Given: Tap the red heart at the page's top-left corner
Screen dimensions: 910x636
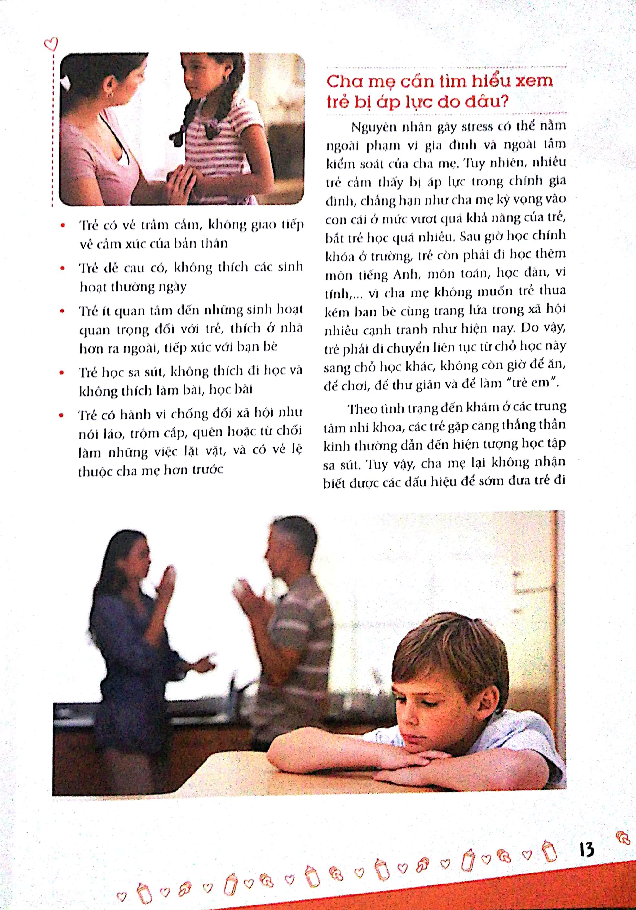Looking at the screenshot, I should point(51,44).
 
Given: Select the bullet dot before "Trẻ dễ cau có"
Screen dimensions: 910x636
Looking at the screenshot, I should point(62,268).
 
